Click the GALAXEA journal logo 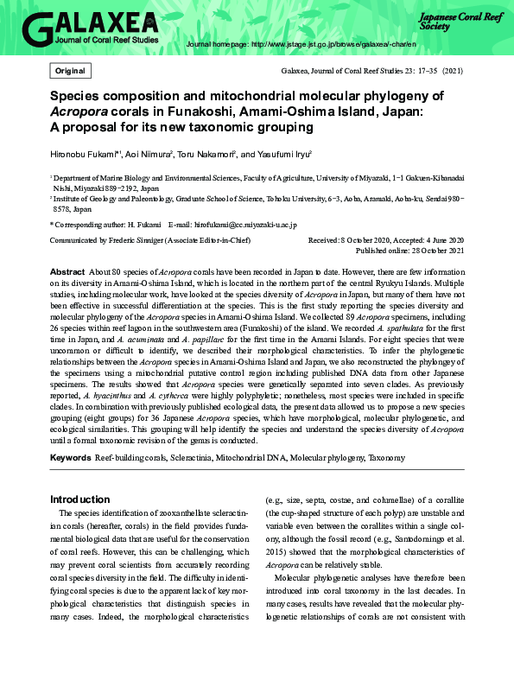[90, 29]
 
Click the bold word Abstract [67, 271]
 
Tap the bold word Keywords [70, 456]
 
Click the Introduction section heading [80, 499]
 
